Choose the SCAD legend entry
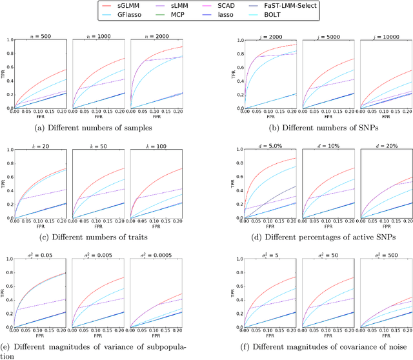coord(240,5)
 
